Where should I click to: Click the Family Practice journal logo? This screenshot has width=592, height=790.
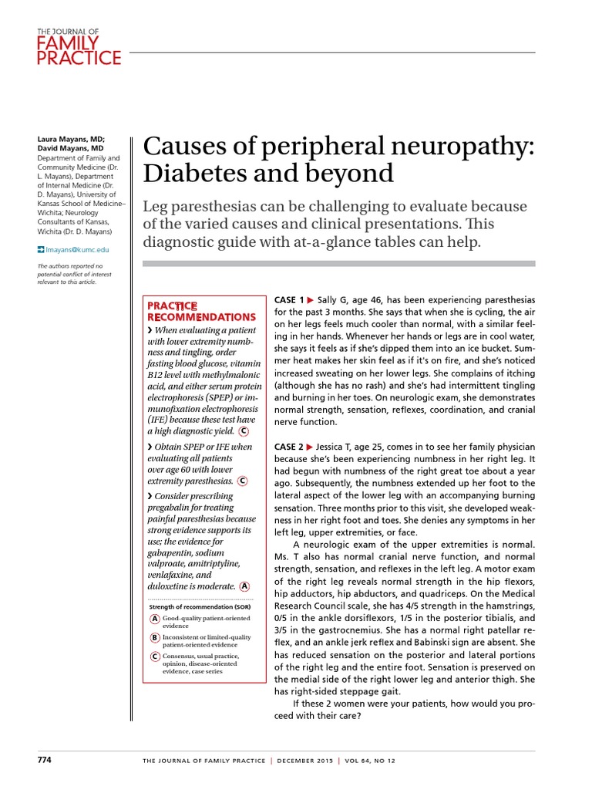(79, 48)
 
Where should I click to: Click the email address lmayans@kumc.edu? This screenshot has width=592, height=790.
(77, 250)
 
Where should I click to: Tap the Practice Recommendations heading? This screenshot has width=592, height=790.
(200, 312)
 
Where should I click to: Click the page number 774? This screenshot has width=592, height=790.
(45, 760)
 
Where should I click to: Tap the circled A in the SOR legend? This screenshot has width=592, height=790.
(155, 620)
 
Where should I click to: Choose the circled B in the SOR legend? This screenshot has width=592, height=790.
(155, 638)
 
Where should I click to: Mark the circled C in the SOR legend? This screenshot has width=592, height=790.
(155, 657)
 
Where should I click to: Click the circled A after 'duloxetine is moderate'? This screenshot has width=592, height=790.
(244, 586)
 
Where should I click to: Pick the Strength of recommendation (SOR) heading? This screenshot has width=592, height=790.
(191, 606)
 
